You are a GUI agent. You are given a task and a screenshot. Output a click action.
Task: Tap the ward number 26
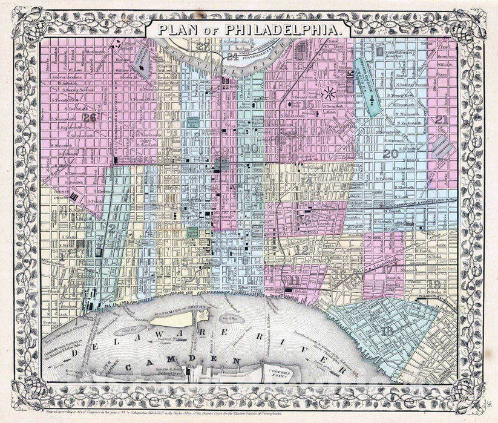[91, 117]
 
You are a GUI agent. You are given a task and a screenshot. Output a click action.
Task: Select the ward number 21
[442, 120]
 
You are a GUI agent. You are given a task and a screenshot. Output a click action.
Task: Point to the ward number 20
[390, 154]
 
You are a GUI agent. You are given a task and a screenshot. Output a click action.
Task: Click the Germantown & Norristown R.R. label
[418, 206]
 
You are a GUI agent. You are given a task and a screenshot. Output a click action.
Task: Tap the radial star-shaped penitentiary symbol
[330, 93]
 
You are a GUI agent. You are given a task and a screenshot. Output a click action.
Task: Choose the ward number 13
[307, 220]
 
